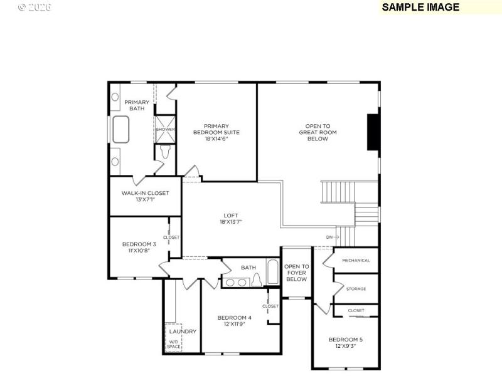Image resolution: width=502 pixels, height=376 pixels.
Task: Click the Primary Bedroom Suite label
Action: (x=216, y=132)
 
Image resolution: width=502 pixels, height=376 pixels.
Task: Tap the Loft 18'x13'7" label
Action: (x=231, y=218)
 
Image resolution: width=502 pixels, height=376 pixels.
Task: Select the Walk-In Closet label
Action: (x=145, y=196)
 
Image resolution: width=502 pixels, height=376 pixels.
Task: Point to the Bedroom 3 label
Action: (x=139, y=248)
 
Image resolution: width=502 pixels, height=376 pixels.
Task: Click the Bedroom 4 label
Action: (x=234, y=320)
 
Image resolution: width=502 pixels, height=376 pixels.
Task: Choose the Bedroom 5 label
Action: (x=346, y=343)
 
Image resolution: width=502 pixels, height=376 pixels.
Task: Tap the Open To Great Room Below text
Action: (x=318, y=132)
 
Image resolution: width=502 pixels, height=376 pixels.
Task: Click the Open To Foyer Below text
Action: (x=296, y=273)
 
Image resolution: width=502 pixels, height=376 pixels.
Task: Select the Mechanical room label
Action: (x=356, y=261)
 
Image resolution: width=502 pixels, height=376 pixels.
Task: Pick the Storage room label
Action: (x=356, y=289)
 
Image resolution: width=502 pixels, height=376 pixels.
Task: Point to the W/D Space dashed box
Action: (x=173, y=343)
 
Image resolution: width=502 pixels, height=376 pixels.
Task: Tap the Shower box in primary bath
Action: (x=166, y=129)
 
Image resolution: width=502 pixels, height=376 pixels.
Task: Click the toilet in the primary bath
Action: (x=165, y=152)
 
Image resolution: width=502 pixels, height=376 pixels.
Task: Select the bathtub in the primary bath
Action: (x=120, y=130)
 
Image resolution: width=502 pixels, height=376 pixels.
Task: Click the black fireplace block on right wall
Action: (x=373, y=132)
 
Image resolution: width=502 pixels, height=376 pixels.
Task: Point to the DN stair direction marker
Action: (x=332, y=238)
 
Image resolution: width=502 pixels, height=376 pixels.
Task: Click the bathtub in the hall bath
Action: (x=273, y=274)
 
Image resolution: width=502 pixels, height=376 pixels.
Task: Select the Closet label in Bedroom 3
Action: (x=171, y=238)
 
